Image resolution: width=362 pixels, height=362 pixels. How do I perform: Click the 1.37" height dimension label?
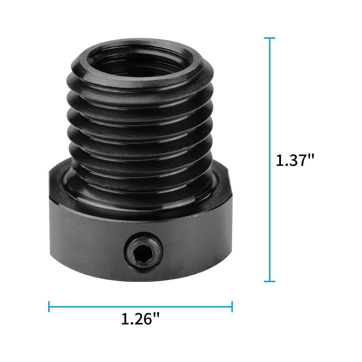[x=295, y=161]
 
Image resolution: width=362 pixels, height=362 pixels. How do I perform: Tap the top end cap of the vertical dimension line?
[x=270, y=38]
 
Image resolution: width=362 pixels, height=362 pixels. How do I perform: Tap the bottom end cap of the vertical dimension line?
[x=270, y=281]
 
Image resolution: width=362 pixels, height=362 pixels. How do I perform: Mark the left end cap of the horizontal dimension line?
[x=49, y=307]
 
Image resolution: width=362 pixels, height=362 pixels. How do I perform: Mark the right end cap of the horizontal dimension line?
[x=232, y=307]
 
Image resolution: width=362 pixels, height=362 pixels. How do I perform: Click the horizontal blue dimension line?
[x=140, y=307]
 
